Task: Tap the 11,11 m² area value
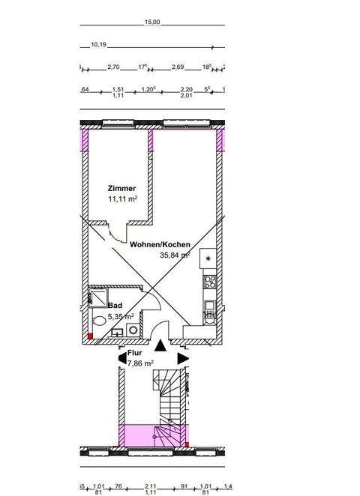click(x=122, y=199)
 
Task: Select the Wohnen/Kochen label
click(x=159, y=245)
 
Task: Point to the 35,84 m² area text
click(x=175, y=255)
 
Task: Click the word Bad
click(x=115, y=306)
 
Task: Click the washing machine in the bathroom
click(x=132, y=329)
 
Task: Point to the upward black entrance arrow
click(x=160, y=345)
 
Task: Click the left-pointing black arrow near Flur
click(x=121, y=360)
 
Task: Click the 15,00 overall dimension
click(x=151, y=22)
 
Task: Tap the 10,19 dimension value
click(x=98, y=44)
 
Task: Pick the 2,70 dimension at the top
click(x=115, y=67)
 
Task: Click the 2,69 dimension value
click(x=178, y=67)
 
